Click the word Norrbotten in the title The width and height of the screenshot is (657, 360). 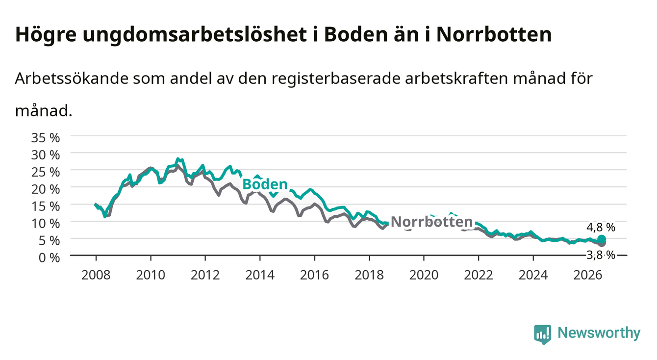click(x=494, y=35)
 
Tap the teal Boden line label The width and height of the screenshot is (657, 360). click(x=265, y=184)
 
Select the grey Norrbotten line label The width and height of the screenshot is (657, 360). click(x=432, y=222)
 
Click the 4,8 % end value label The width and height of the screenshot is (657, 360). click(x=601, y=227)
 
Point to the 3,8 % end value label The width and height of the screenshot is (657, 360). click(x=601, y=255)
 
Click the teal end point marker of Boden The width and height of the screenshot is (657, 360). click(x=602, y=239)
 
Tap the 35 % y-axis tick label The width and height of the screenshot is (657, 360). click(x=46, y=138)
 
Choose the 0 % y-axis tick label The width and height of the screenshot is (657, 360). click(x=49, y=257)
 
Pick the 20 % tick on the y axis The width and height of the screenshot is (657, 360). click(x=46, y=189)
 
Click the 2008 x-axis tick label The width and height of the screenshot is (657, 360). click(x=96, y=275)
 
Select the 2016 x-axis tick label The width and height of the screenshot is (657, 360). click(x=314, y=275)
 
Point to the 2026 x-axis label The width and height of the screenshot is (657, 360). click(x=588, y=275)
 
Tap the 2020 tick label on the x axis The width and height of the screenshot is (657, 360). click(x=424, y=275)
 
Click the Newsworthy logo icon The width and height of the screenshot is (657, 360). click(x=543, y=334)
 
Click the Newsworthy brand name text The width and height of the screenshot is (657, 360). click(x=599, y=333)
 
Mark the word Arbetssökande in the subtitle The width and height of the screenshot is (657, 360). click(x=72, y=78)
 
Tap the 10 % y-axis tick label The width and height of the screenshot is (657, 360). click(x=46, y=224)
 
